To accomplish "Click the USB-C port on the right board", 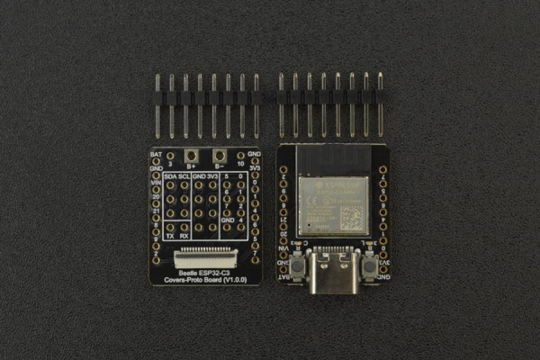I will (x=332, y=271).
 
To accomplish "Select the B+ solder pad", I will (x=191, y=157).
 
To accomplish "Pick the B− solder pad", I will (x=219, y=157).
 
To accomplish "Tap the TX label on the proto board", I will (x=171, y=237).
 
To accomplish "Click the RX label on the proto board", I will (x=184, y=237).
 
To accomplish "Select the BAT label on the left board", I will (x=156, y=155).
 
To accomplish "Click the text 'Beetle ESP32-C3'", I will (x=205, y=271).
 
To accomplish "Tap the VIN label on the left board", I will (x=156, y=183).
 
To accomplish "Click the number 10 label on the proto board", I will (x=240, y=166).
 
